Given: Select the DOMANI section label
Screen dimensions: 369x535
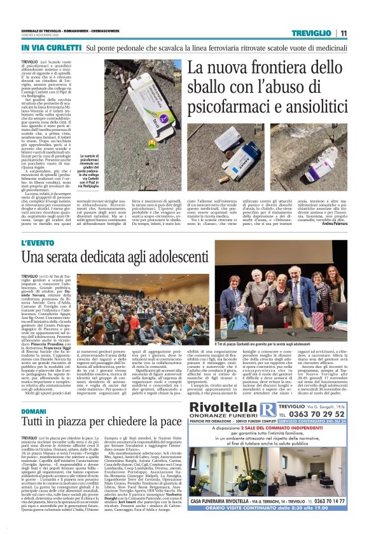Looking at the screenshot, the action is pos(36,412).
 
